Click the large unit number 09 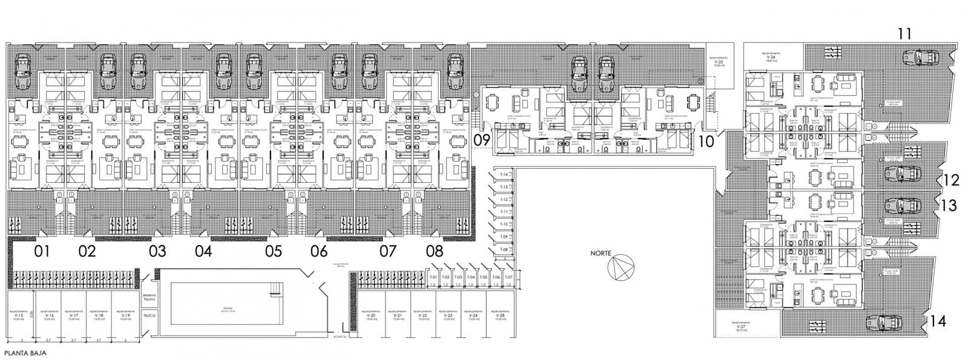point(482,141)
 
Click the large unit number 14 point(938,322)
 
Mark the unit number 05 point(273,251)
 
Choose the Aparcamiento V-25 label point(719,61)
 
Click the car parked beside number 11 point(920,58)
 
